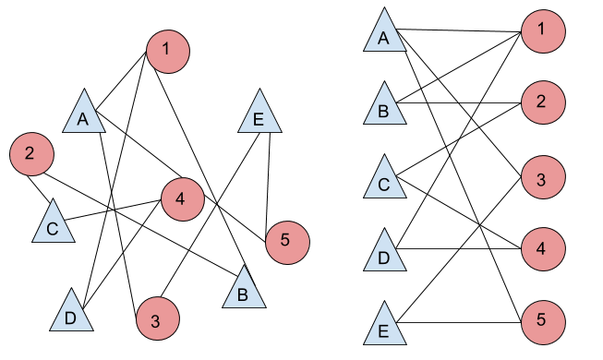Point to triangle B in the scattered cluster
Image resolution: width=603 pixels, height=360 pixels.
click(x=244, y=291)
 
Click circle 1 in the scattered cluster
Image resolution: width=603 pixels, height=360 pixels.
click(x=167, y=51)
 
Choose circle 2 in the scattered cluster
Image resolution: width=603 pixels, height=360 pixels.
click(x=31, y=154)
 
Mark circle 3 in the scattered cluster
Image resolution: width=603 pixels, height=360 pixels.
click(x=157, y=320)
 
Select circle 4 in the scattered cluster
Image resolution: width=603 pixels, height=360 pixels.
click(x=182, y=198)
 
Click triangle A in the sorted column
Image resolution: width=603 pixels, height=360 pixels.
click(x=384, y=34)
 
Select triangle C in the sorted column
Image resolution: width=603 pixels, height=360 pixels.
click(x=384, y=180)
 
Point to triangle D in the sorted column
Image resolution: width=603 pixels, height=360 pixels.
click(x=384, y=253)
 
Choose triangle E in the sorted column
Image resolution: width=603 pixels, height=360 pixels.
click(x=384, y=326)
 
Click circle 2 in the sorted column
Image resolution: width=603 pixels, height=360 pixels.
click(x=542, y=102)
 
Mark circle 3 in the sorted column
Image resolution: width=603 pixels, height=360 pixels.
click(x=542, y=177)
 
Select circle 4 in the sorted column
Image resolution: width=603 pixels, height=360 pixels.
click(x=542, y=248)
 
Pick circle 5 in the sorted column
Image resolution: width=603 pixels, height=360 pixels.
click(x=542, y=321)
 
